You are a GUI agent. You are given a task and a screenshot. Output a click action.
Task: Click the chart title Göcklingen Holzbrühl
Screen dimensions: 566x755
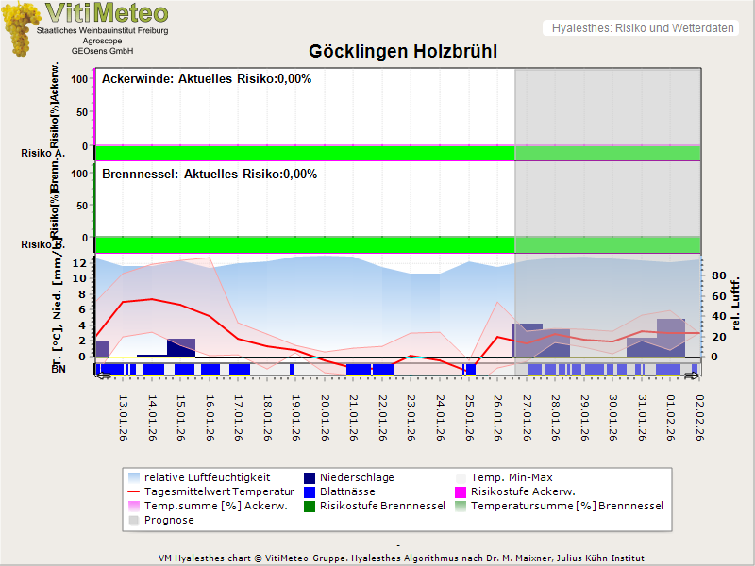point(403,51)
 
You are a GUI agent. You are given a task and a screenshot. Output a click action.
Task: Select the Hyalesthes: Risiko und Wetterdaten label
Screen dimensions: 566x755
point(642,28)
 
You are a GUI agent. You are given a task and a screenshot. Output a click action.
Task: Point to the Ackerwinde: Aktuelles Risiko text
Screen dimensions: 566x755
point(207,79)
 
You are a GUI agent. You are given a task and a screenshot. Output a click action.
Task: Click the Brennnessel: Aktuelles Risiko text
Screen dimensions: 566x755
point(210,175)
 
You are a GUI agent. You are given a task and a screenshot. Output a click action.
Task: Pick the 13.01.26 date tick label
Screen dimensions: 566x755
point(123,418)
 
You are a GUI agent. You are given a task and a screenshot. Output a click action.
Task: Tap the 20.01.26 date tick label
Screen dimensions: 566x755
point(325,418)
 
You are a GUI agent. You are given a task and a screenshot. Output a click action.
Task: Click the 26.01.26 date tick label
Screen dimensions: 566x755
point(497,418)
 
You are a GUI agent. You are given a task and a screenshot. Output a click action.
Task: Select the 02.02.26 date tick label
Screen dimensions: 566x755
point(699,418)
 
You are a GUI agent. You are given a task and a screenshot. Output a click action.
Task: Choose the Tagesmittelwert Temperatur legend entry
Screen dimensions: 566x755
point(220,491)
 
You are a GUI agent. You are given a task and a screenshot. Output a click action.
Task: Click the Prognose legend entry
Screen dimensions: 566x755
point(169,520)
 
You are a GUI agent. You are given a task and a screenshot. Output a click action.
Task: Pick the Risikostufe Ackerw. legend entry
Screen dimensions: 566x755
point(522,491)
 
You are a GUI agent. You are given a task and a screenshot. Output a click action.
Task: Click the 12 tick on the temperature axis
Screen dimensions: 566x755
point(81,263)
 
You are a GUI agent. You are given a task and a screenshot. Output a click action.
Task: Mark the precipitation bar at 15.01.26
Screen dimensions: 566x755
point(181,347)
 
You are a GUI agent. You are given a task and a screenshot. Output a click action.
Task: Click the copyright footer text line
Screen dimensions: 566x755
point(403,558)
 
